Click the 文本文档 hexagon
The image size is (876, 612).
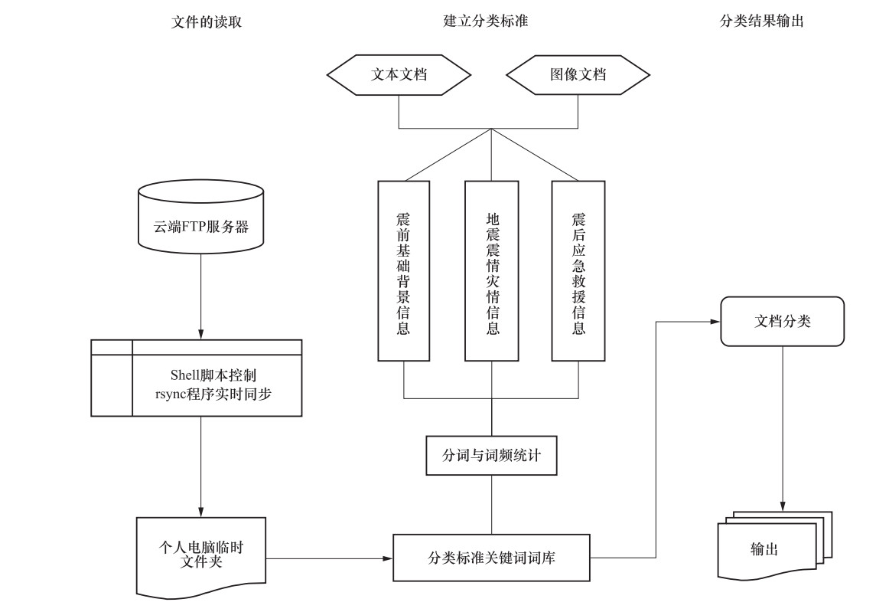pos(399,75)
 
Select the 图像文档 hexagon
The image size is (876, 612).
pos(578,75)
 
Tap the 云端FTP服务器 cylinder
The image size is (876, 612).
pos(201,227)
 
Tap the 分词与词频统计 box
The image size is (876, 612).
pos(491,455)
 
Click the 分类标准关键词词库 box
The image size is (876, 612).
pos(491,558)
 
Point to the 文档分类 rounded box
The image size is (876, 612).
pos(782,322)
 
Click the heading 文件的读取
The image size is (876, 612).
pos(207,22)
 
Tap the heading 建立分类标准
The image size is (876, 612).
pos(486,21)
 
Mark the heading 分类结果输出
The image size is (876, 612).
pos(762,22)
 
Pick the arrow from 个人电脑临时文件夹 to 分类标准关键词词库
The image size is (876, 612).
pos(329,558)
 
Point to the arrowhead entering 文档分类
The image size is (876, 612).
pos(715,322)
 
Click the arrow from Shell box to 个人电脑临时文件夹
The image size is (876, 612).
pos(201,467)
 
